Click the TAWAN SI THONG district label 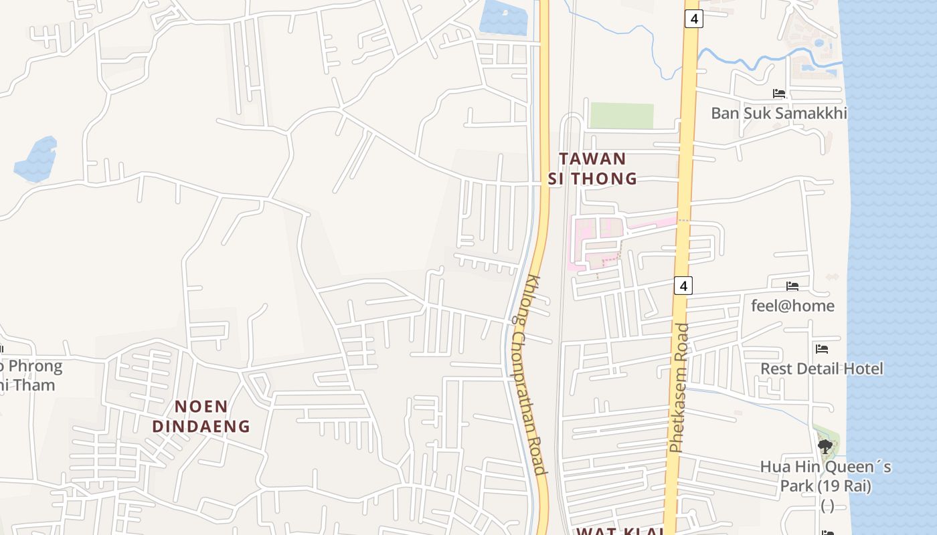[x=592, y=169]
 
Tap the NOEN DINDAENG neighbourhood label [x=201, y=416]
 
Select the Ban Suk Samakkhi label [x=778, y=113]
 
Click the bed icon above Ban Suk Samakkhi [x=778, y=94]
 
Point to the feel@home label [x=792, y=306]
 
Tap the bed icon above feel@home [x=792, y=286]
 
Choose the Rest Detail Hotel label [x=821, y=368]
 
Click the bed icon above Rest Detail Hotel [x=822, y=348]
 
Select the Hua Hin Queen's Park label [x=825, y=476]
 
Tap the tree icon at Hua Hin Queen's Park [x=825, y=445]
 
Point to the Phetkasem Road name [x=679, y=388]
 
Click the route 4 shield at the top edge [x=693, y=19]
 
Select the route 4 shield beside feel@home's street [x=683, y=286]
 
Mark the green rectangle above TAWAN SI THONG [x=621, y=116]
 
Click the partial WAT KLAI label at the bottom [x=619, y=530]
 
